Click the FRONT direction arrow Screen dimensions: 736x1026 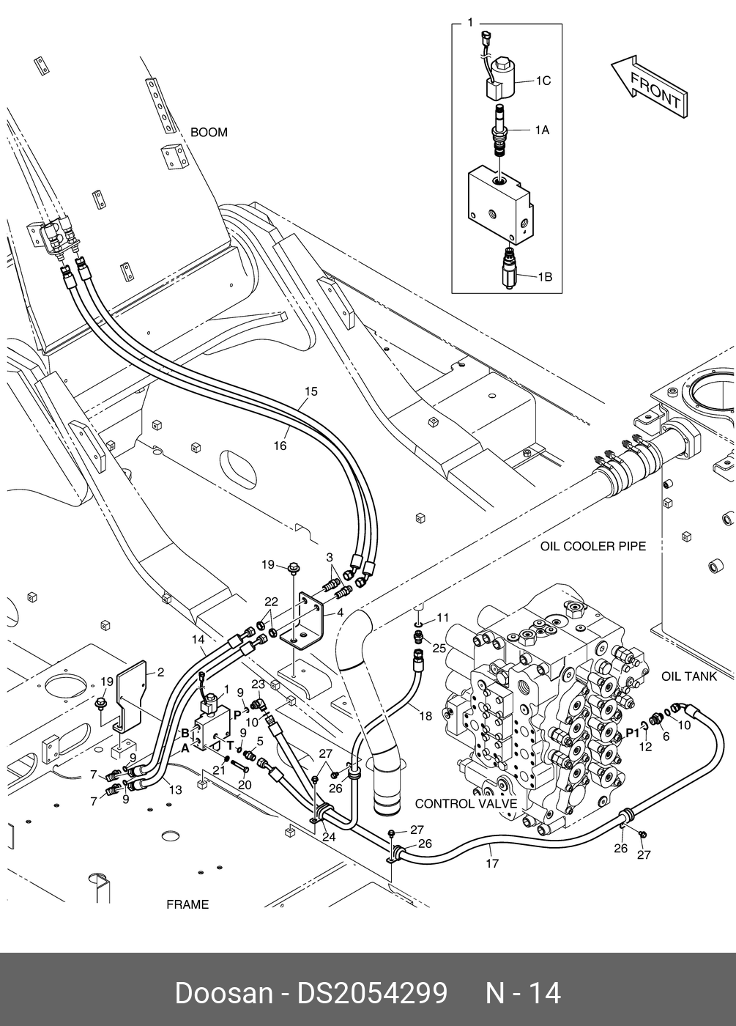[650, 86]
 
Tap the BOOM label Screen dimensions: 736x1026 [209, 133]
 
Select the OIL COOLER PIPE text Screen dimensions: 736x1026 [593, 546]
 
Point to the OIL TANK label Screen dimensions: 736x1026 [689, 676]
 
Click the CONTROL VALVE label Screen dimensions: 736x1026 [466, 803]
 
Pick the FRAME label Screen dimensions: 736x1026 [187, 904]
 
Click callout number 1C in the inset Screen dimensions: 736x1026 [543, 81]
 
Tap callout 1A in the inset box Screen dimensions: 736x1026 [542, 130]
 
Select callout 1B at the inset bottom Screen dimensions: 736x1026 [545, 277]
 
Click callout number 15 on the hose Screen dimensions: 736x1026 [311, 391]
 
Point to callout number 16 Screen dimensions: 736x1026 [280, 446]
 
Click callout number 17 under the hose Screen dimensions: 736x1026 [492, 863]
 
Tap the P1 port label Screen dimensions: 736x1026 [632, 734]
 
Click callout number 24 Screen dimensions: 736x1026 [329, 837]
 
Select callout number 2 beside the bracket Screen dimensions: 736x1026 [160, 673]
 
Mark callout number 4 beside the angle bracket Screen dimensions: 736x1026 [340, 613]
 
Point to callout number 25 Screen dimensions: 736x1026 [439, 648]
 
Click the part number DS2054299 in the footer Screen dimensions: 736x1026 [373, 994]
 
